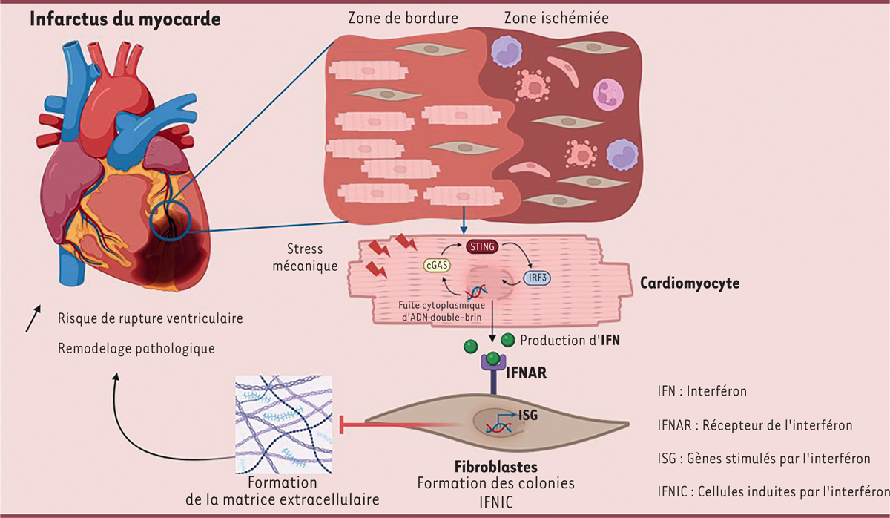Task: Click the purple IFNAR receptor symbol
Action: pos(492,364)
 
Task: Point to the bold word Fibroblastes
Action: pos(495,468)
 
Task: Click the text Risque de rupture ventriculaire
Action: pos(151,318)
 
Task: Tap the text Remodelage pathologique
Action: pos(136,347)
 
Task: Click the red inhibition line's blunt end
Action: pos(342,425)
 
